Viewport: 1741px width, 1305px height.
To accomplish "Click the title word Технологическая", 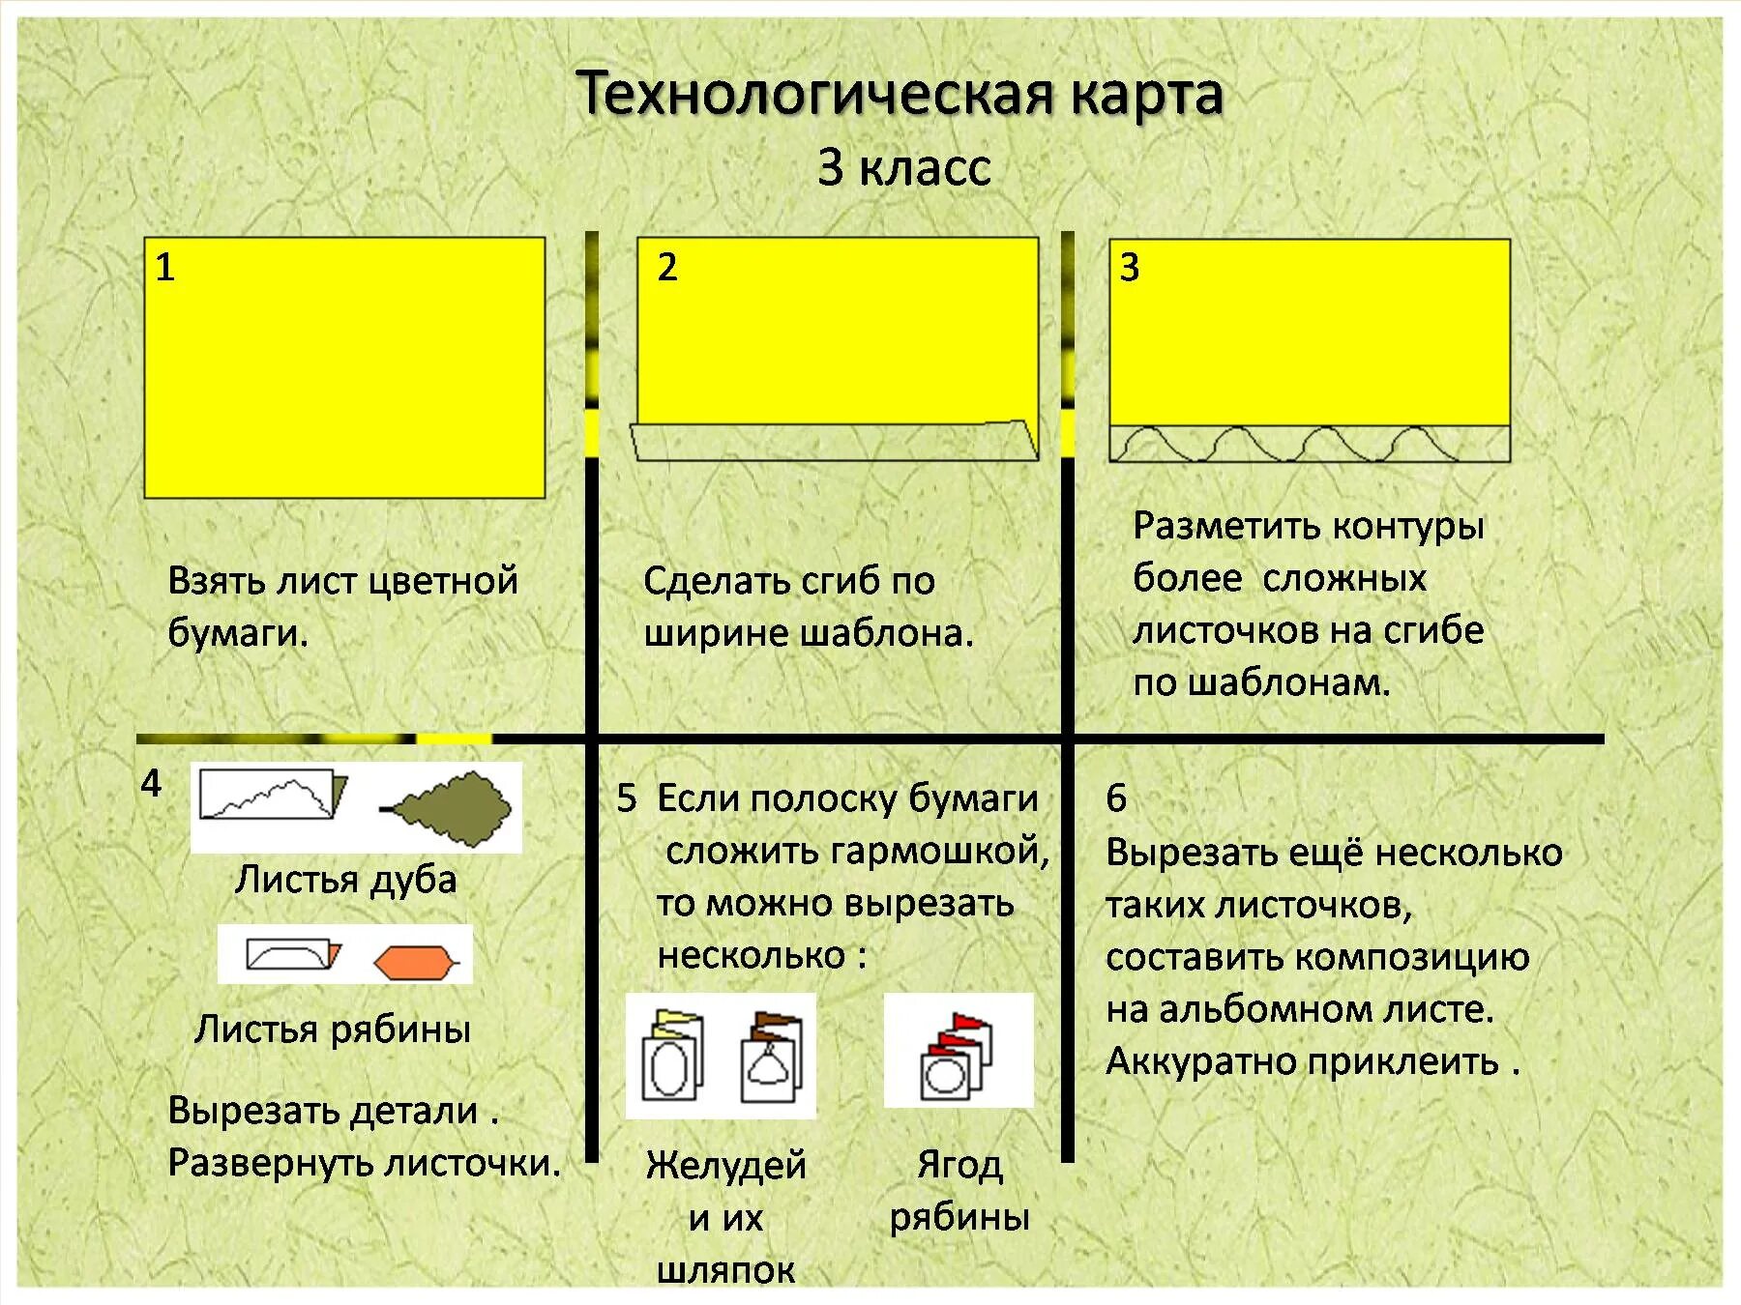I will tap(814, 95).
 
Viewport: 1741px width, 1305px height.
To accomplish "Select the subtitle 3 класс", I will tap(903, 167).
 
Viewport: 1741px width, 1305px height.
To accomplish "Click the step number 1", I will tap(164, 267).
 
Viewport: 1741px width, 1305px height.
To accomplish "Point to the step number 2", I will tap(666, 267).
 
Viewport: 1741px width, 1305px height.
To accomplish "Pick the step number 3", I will tap(1129, 268).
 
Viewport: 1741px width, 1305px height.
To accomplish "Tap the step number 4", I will tap(151, 783).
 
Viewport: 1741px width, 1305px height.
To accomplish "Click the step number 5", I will tap(627, 798).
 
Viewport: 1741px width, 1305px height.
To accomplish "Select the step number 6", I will tap(1116, 798).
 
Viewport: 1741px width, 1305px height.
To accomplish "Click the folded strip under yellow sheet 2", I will tap(834, 442).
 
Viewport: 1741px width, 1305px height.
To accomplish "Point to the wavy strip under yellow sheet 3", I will tap(1309, 444).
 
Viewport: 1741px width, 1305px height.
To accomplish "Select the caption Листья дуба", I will tap(345, 880).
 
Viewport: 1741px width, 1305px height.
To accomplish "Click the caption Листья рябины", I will tap(332, 1029).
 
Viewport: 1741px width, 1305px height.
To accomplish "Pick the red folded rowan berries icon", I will tap(958, 1052).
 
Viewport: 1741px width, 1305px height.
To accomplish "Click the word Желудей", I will tap(725, 1165).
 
